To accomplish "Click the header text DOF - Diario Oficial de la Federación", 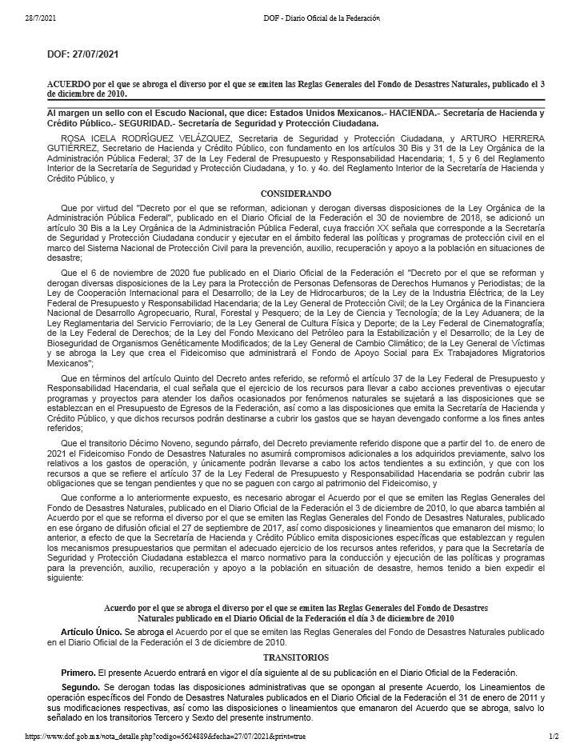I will click(x=321, y=18).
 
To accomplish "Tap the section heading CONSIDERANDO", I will click(x=295, y=194).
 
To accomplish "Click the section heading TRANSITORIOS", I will click(x=295, y=657).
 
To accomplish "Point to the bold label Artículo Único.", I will click(x=91, y=632).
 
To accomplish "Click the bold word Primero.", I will click(x=78, y=672).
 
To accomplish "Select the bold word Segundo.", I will click(x=80, y=686).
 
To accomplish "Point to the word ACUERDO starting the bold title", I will click(x=69, y=84).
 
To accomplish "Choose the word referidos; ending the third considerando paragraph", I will click(x=67, y=428).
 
